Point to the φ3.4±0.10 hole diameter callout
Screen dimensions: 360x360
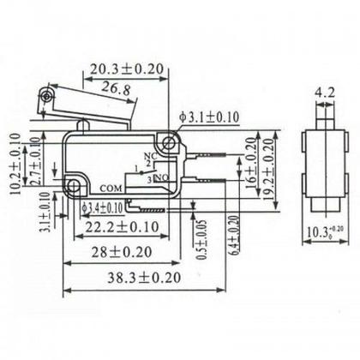pyautogui.click(x=100, y=207)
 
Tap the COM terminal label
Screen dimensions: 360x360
pyautogui.click(x=111, y=186)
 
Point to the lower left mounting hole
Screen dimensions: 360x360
pyautogui.click(x=75, y=185)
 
